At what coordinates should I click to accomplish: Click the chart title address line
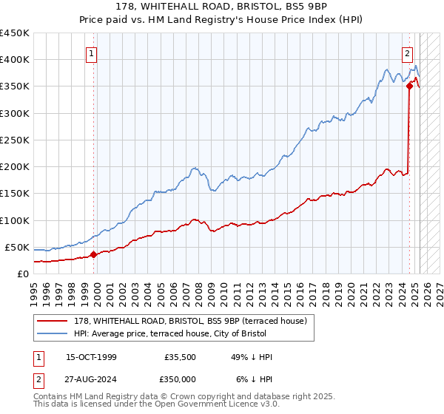pos(221,6)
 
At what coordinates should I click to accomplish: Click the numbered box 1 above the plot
pos(91,53)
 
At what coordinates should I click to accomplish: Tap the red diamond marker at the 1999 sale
pos(94,254)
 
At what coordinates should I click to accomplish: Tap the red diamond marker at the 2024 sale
pos(409,86)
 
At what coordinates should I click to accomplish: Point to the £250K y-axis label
pos(14,140)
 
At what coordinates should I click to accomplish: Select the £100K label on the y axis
pos(14,220)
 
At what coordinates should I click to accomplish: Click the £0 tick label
pos(22,274)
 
